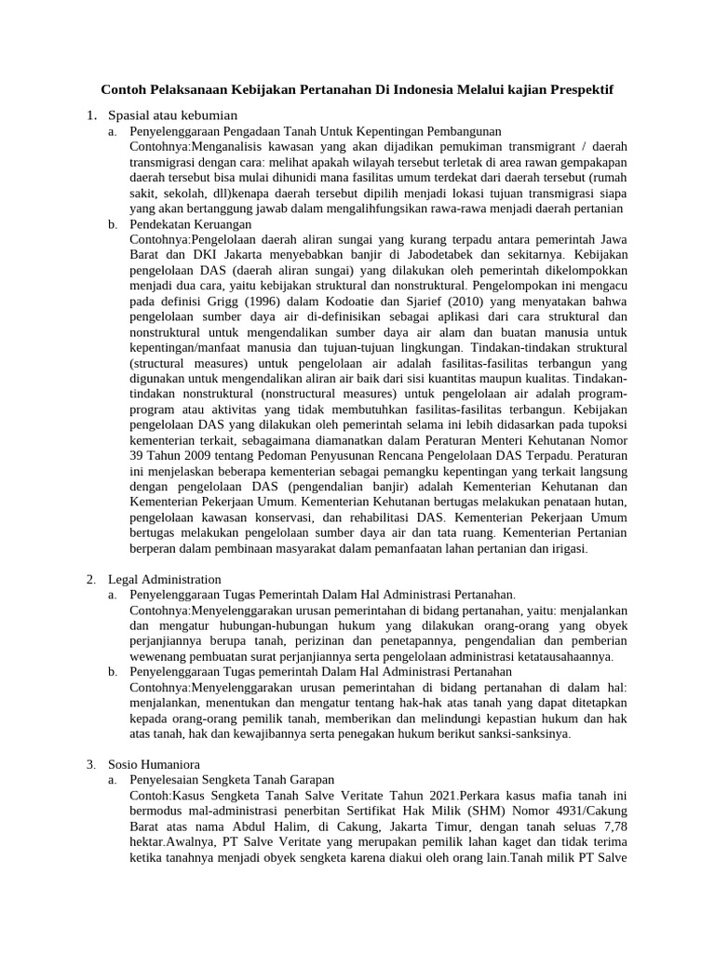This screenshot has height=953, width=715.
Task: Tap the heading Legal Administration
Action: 165,579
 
